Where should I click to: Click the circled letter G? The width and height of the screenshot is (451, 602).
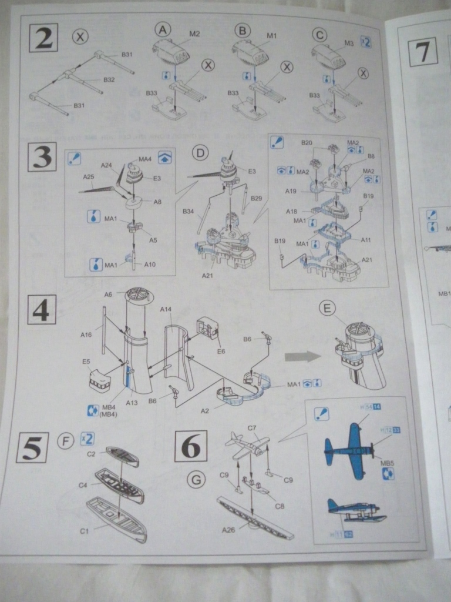[x=196, y=480]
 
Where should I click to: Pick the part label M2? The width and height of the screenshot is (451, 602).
[x=194, y=34]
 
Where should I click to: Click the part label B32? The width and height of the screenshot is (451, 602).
[x=109, y=79]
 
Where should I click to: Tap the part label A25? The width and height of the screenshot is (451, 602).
[x=89, y=176]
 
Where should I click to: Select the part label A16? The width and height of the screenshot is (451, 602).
[x=86, y=335]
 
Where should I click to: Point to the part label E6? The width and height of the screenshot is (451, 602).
[x=221, y=351]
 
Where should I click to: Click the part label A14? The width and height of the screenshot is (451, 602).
[x=166, y=309]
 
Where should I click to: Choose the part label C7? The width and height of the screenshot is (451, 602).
[x=252, y=428]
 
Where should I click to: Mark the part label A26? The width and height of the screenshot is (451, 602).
[x=228, y=530]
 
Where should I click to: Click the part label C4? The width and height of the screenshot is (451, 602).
[x=83, y=486]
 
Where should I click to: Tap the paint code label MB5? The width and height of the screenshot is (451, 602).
[x=387, y=463]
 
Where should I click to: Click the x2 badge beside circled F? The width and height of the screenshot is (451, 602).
[x=87, y=437]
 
